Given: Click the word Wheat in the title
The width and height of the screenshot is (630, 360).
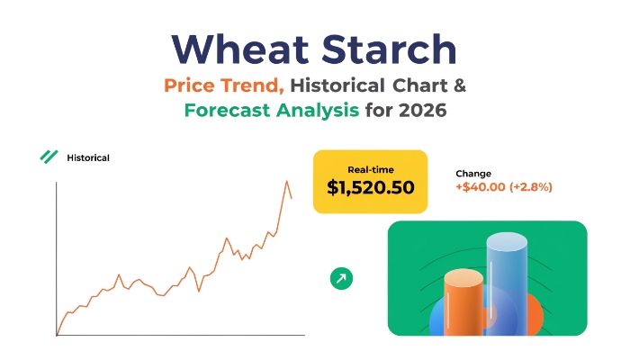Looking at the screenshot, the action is [240, 49].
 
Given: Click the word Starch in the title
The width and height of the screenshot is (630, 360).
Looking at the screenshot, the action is [389, 49].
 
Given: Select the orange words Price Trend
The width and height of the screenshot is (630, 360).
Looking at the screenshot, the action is [224, 85].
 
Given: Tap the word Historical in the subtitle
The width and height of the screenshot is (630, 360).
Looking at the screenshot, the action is [337, 85].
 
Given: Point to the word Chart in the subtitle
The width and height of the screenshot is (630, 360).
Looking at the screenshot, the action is [420, 85].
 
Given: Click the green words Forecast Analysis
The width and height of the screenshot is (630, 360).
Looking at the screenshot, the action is [272, 110].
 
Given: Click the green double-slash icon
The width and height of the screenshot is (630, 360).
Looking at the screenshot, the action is [49, 157].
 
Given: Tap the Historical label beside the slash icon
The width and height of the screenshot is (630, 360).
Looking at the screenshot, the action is [88, 157].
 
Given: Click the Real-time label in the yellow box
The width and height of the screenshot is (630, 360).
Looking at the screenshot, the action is [371, 170].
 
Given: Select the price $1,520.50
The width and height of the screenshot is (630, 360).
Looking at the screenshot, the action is [371, 187].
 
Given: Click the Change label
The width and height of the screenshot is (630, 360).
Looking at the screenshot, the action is [473, 174].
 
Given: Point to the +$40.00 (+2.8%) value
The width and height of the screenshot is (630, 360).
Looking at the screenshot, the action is [504, 187].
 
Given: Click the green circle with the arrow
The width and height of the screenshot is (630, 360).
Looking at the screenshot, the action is [341, 278].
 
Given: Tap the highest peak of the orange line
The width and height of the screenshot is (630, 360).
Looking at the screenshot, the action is [287, 181].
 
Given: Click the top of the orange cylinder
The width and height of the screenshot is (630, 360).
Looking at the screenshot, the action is [463, 277].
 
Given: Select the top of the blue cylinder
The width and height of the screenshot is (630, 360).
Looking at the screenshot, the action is [507, 241].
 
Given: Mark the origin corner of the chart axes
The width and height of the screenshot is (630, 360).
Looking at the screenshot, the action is [56, 335].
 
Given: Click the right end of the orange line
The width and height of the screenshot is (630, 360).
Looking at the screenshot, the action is [292, 198].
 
